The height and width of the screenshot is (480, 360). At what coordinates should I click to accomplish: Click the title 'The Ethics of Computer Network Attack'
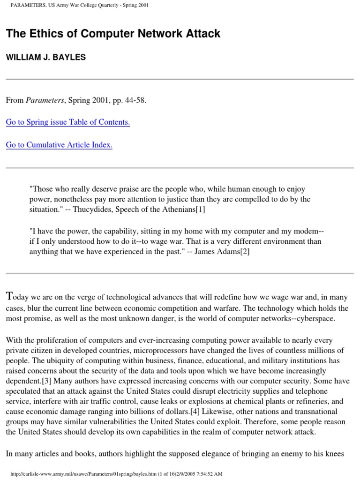click(x=113, y=34)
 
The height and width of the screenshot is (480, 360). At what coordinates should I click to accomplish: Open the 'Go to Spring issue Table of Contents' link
click(x=67, y=122)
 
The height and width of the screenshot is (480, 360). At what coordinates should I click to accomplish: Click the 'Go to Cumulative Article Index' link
click(x=59, y=145)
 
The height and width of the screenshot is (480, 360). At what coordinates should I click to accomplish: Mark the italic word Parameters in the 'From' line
click(x=42, y=100)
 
